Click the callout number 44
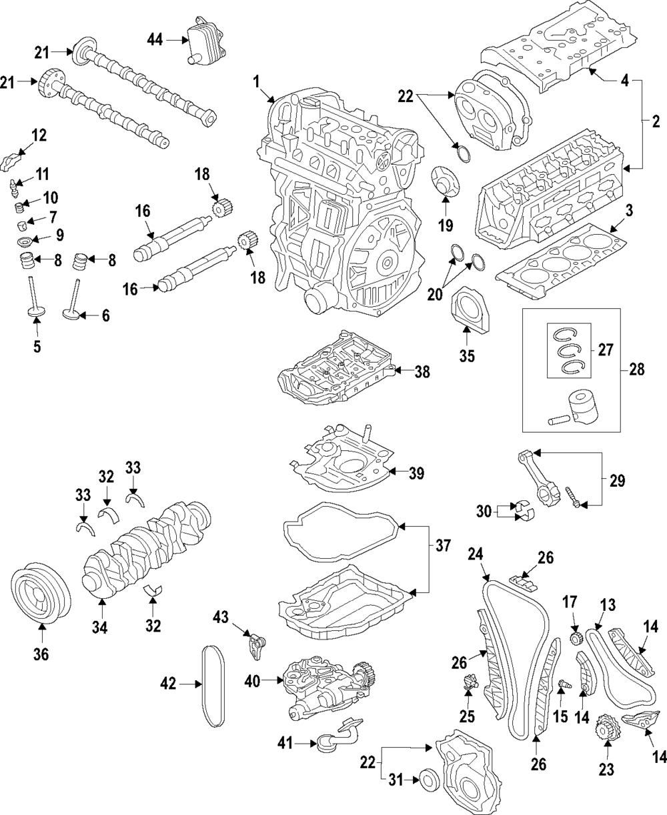pyautogui.click(x=155, y=41)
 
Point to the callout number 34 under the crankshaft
pyautogui.click(x=101, y=627)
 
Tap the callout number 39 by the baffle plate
pyautogui.click(x=416, y=472)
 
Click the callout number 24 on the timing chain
pyautogui.click(x=476, y=553)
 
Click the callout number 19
pyautogui.click(x=445, y=225)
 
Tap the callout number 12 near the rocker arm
pyautogui.click(x=39, y=135)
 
